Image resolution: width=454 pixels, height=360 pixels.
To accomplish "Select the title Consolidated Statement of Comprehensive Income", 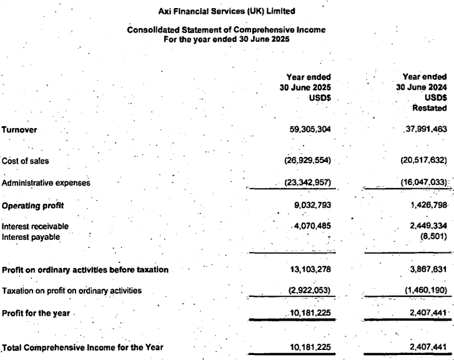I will [x=226, y=29].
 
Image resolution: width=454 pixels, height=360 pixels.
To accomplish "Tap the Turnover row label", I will [x=19, y=130].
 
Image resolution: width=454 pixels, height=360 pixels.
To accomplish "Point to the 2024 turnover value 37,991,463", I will [x=422, y=130].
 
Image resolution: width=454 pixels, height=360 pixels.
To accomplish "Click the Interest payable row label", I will [x=30, y=236].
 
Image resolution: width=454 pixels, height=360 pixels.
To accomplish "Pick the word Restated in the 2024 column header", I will [x=431, y=107].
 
